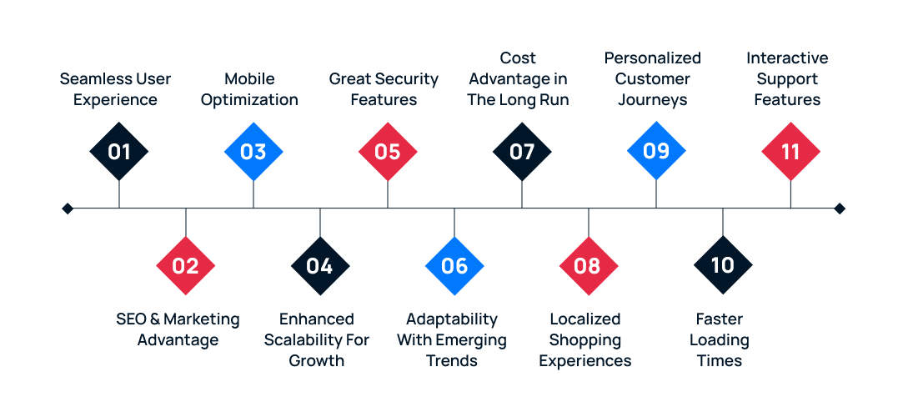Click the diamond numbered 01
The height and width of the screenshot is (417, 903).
pos(119,152)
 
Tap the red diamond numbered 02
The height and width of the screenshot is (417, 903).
pos(186,266)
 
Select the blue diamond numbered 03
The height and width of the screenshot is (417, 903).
pos(253,152)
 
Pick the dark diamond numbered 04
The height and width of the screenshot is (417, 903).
pos(320,266)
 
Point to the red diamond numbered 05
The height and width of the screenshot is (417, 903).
pos(388,152)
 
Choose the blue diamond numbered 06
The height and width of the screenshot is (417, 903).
pos(454,266)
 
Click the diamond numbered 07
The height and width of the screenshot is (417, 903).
pos(522,152)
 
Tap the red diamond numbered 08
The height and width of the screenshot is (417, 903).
pos(589,266)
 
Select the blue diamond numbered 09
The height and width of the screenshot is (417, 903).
pos(656,152)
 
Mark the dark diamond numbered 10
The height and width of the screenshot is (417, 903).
pos(723,266)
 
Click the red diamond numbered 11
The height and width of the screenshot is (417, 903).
pos(790,152)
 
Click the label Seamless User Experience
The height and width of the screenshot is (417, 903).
pos(115,89)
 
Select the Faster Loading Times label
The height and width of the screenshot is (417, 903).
pos(719,339)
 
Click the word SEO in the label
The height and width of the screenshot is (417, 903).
pos(133,319)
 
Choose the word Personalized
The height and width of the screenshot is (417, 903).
pos(652,58)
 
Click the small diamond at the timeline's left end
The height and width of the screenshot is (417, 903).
pos(68,208)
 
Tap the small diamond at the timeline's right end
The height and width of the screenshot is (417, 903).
pos(840,208)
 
